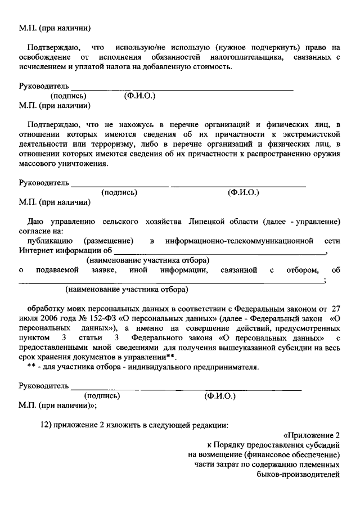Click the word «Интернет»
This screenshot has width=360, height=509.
pos(36,250)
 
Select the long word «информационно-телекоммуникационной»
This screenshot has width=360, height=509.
pos(239,241)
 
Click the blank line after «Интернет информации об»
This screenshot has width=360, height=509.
pos(219,250)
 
